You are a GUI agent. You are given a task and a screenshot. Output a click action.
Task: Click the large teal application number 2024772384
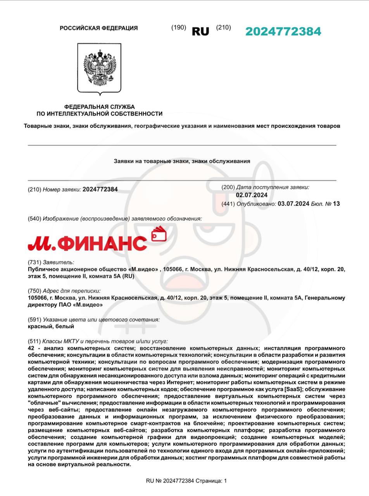(283, 31)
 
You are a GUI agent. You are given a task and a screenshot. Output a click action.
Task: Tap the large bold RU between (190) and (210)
(200, 32)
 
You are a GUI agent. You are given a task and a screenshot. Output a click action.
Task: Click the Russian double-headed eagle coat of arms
(100, 67)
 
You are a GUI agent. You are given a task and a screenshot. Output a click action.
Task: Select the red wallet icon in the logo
(159, 234)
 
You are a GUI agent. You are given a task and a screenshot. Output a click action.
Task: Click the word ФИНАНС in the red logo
(104, 243)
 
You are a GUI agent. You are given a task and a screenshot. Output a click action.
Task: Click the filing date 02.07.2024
(252, 195)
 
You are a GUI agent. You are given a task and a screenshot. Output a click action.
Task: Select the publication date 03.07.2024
(293, 204)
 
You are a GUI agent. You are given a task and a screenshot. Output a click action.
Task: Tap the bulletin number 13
(336, 204)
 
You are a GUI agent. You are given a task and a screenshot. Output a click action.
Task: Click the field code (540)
(34, 219)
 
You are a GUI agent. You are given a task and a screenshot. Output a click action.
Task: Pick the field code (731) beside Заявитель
(34, 262)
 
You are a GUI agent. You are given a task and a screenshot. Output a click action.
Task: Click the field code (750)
(34, 291)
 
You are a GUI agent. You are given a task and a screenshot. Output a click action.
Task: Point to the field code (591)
(34, 320)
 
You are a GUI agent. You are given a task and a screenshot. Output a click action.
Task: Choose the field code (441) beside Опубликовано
(228, 204)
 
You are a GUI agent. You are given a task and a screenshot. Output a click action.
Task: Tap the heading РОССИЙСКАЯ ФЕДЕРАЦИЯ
(98, 28)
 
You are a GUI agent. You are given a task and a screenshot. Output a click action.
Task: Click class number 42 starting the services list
(31, 348)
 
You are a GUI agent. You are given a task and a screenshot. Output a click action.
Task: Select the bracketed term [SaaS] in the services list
(293, 389)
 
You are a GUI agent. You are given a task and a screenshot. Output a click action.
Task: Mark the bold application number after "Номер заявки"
(100, 189)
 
